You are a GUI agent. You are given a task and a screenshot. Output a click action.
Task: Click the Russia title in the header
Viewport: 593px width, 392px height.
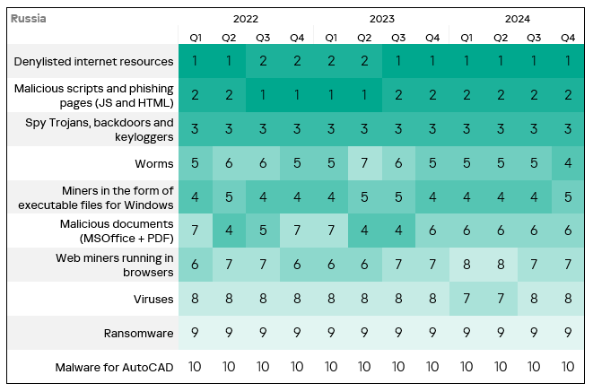(x=29, y=18)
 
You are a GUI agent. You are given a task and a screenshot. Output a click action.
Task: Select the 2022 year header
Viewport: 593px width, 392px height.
(x=246, y=18)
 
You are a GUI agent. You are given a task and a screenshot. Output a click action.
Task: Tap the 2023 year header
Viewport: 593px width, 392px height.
(x=381, y=18)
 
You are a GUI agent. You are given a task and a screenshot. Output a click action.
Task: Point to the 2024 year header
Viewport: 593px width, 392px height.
(x=517, y=18)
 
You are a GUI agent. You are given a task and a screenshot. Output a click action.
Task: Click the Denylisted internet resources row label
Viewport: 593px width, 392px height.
(x=93, y=61)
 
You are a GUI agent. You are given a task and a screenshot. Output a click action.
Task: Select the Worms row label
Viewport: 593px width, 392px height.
(x=155, y=163)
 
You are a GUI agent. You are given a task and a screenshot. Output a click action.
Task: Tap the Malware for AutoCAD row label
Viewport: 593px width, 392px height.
(x=114, y=367)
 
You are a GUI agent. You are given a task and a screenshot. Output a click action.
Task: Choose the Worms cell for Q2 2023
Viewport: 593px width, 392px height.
(x=364, y=163)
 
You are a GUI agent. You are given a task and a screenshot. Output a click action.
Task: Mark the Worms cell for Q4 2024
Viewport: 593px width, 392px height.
(x=568, y=163)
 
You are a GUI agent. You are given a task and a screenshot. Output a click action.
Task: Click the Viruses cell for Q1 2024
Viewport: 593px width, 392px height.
(x=467, y=299)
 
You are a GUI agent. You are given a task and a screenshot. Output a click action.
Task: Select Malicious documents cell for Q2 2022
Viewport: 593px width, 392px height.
(x=229, y=231)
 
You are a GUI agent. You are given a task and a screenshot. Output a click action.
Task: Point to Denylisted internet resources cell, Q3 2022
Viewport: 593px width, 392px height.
(x=263, y=61)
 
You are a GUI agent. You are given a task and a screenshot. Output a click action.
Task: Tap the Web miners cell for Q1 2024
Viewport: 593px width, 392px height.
(x=467, y=265)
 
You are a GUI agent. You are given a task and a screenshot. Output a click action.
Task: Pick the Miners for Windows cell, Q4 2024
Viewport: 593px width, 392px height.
(x=568, y=197)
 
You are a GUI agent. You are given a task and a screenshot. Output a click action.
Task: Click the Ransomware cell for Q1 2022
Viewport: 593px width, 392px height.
(x=195, y=333)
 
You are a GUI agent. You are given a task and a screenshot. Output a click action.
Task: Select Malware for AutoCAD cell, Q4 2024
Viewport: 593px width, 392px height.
(x=568, y=367)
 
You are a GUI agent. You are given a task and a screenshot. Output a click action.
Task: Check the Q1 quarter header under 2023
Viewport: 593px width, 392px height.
(x=330, y=37)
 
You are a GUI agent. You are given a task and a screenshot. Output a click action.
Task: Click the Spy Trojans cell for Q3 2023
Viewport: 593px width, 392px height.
(x=398, y=129)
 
